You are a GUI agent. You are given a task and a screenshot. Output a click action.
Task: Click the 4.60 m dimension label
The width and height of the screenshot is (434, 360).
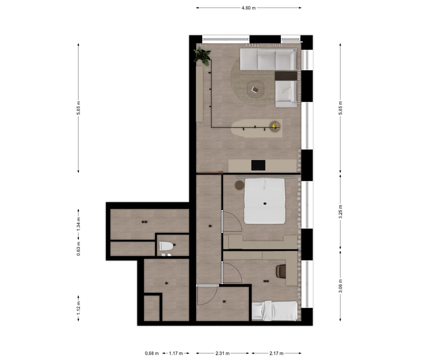pos(248,8)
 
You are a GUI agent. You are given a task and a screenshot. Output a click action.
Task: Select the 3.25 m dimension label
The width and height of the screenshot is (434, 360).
pos(340,212)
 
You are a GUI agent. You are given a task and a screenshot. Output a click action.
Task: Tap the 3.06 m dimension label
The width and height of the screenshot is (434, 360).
pos(340,286)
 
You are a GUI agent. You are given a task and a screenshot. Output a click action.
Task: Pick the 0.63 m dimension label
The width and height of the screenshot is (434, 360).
pos(79,248)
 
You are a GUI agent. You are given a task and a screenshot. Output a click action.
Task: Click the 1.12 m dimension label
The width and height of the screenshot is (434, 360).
pos(79,309)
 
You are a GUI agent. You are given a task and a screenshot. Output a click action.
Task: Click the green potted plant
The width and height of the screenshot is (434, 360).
pos(202,56)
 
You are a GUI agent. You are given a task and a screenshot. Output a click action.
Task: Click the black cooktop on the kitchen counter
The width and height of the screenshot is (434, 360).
pos(258,165)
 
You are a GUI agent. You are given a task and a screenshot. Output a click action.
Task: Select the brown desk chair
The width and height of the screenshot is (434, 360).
pos(281,271)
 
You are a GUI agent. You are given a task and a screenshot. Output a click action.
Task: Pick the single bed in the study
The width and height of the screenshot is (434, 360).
pos(275,311)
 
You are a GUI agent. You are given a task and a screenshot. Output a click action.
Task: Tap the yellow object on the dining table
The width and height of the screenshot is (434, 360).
pos(274,126)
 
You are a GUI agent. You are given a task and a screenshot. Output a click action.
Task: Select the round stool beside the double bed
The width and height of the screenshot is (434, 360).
pos(240,185)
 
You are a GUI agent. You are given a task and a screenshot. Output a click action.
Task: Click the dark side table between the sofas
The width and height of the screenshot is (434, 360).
pos(286,76)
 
